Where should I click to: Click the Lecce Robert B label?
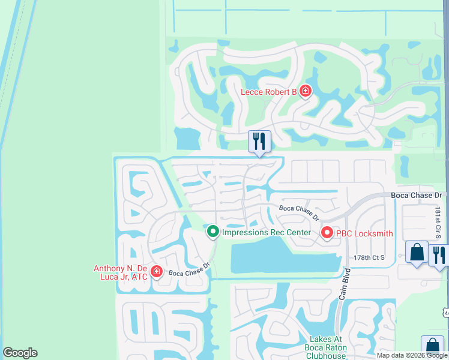[x=269, y=92]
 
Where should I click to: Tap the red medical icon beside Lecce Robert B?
[x=306, y=91]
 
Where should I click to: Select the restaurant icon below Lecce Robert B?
[x=259, y=142]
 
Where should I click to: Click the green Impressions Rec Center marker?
[x=212, y=232]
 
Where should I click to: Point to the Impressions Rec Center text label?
[x=266, y=232]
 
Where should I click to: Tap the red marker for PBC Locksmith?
[x=327, y=232]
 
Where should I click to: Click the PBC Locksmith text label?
[x=364, y=233]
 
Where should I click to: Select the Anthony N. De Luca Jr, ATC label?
[x=120, y=272]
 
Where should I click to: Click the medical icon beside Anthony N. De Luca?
[x=157, y=272]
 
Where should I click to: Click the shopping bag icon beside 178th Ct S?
[x=417, y=252]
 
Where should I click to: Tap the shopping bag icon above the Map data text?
[x=432, y=346]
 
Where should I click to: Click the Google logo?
[x=20, y=353]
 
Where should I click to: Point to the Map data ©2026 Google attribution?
[x=412, y=355]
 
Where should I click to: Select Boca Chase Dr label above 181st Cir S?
[x=416, y=196]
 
